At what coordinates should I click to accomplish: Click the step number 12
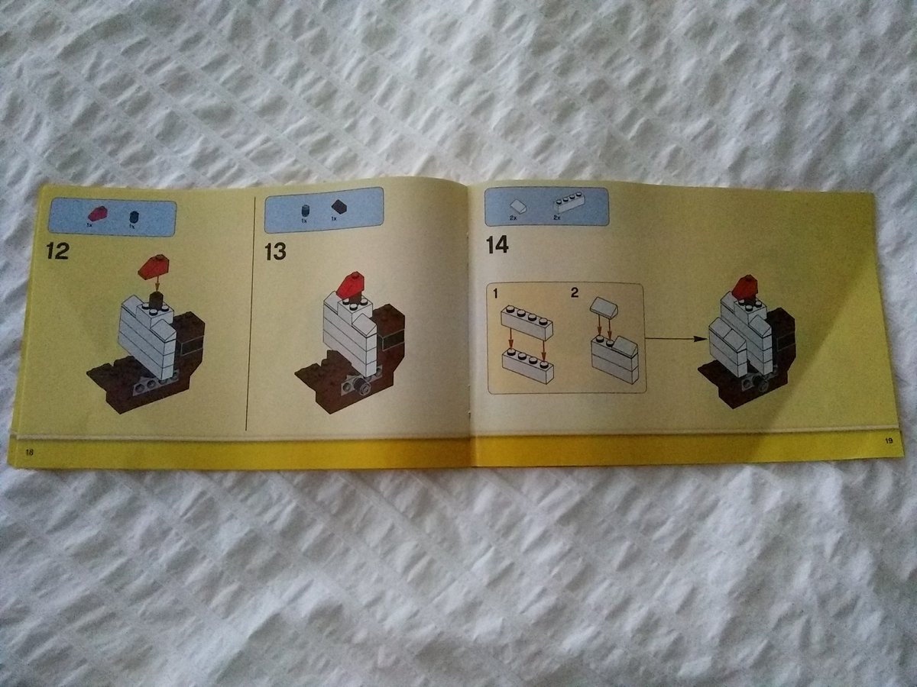pos(57,250)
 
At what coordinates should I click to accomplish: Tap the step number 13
pos(275,251)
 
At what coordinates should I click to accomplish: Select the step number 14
pos(497,245)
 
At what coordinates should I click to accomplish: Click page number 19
pos(889,440)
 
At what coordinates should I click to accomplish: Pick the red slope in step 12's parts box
pos(99,214)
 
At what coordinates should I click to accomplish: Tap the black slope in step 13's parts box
pos(339,206)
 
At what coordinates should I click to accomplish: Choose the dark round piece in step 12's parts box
pos(133,216)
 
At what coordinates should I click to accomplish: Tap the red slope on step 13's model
pos(352,284)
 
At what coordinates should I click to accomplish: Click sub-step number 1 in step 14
pos(496,293)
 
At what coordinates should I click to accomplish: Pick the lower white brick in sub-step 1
pos(527,365)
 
